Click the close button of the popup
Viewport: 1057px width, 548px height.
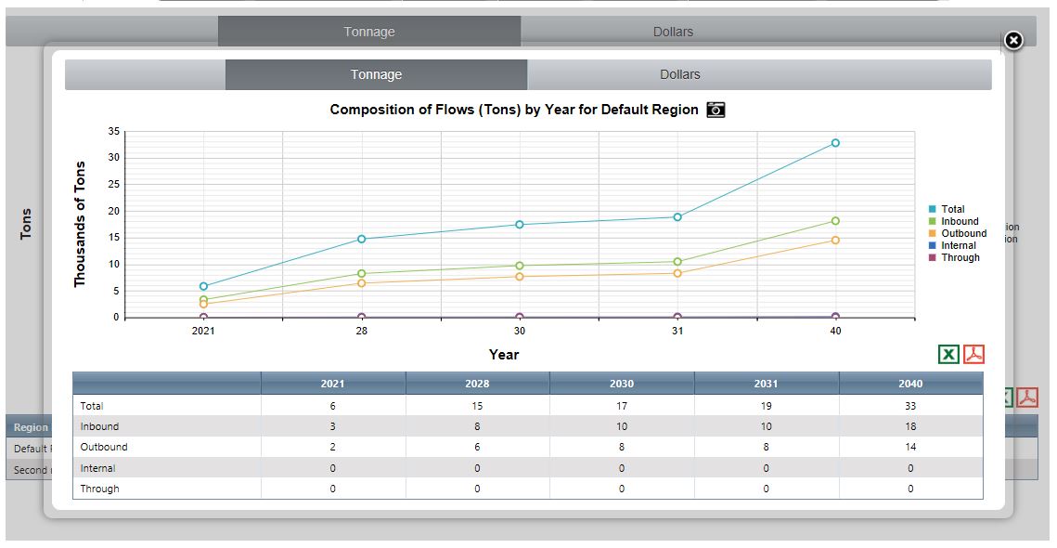[1013, 40]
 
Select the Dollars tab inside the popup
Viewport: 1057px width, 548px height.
[679, 74]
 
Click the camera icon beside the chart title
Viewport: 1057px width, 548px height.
[715, 110]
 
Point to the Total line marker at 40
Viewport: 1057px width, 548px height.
[835, 143]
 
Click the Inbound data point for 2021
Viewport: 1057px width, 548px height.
[203, 300]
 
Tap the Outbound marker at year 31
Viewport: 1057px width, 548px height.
[677, 273]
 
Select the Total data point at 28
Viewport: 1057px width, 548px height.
[362, 239]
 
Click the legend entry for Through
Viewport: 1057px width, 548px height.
[960, 257]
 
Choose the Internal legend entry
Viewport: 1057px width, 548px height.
[958, 245]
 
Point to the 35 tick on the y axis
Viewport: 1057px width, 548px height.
[114, 131]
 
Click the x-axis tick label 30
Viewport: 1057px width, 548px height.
[520, 331]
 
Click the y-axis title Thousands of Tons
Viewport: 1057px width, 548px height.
[80, 224]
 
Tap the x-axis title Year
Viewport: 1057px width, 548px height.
[504, 354]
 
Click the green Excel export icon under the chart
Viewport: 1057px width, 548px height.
[948, 354]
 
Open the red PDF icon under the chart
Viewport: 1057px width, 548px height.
[973, 354]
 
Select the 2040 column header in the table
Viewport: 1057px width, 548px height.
[910, 384]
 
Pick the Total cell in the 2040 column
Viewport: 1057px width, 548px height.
[910, 406]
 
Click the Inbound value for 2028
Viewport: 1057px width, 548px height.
[477, 426]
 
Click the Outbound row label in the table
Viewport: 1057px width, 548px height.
[104, 447]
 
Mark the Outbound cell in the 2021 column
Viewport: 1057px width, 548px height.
[333, 447]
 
